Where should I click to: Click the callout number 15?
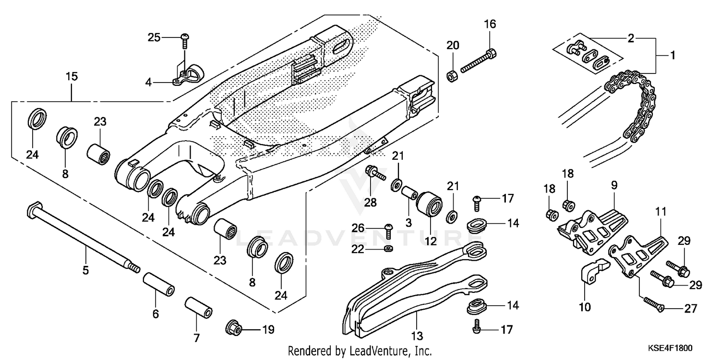pyautogui.click(x=72, y=76)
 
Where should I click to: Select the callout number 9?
pyautogui.click(x=614, y=185)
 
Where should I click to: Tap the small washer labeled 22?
pyautogui.click(x=387, y=249)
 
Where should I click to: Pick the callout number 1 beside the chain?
pyautogui.click(x=672, y=55)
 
